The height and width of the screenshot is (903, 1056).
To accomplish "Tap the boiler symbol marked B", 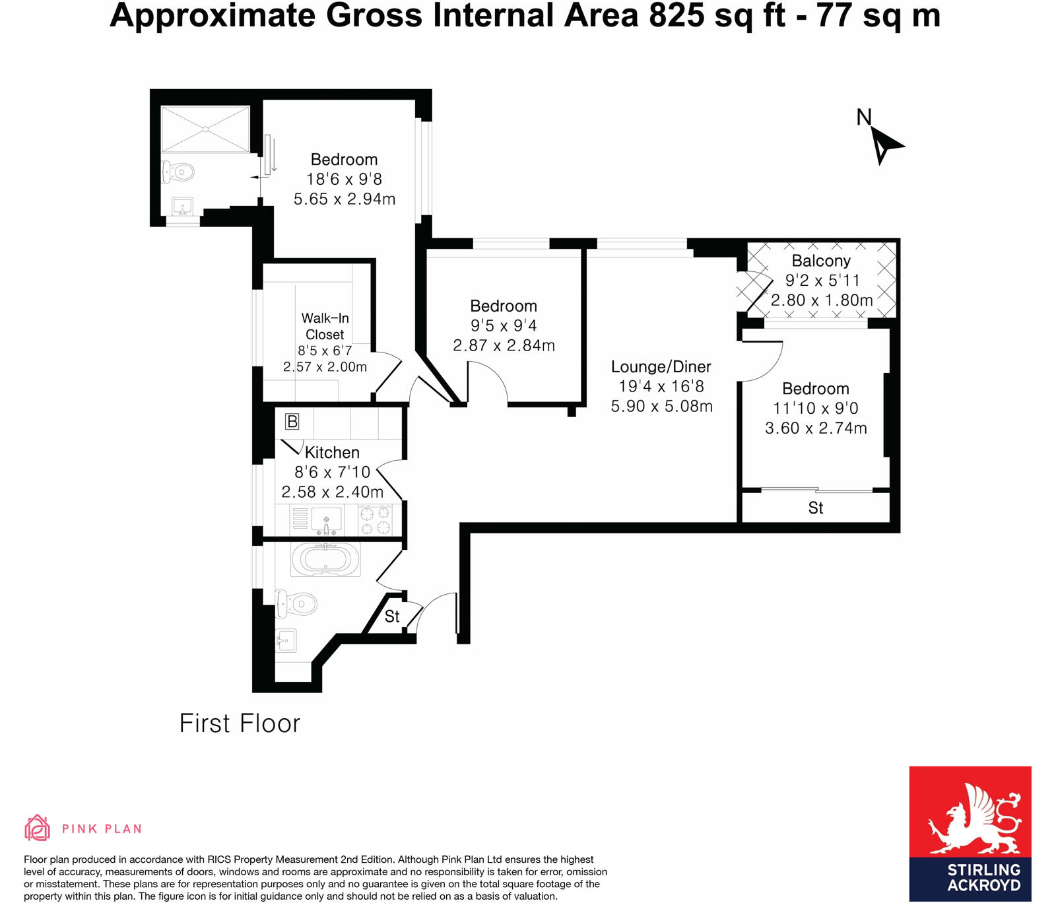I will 292,421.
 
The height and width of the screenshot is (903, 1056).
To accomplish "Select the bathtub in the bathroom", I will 325,560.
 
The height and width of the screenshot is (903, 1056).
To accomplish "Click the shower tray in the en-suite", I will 205,129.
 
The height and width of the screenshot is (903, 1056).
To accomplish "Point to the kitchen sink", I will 326,519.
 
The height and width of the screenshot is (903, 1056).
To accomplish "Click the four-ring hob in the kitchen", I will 375,519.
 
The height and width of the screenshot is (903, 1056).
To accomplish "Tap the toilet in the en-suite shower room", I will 179,172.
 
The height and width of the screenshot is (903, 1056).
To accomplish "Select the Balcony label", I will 821,261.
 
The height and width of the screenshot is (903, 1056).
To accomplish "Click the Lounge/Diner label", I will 661,367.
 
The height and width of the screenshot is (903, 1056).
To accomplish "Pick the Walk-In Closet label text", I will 325,326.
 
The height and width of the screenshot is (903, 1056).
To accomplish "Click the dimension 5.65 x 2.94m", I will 344,199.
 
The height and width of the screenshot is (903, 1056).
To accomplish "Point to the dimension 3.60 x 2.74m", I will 816,428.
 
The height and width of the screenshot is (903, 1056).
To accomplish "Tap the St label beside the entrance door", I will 392,617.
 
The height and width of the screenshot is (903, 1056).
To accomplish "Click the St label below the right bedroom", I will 816,508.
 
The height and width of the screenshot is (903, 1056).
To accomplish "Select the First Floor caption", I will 240,723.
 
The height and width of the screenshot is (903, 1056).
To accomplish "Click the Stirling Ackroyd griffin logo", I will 970,819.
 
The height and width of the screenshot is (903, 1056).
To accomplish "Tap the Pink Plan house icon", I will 38,828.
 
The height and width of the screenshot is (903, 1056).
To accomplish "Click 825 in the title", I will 676,16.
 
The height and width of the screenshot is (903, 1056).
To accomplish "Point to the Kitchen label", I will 332,453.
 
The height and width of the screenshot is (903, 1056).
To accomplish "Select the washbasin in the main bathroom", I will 286,640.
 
